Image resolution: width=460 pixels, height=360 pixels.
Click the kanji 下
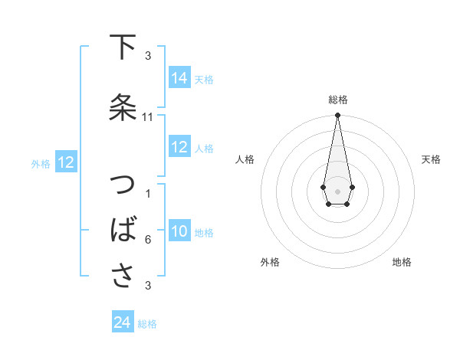[x=123, y=47]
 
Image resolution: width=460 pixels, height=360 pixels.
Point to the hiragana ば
[x=123, y=231]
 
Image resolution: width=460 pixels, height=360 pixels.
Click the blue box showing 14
[x=179, y=78]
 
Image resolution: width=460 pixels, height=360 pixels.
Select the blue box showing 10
[x=179, y=231]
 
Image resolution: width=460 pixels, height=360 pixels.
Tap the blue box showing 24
[x=123, y=322]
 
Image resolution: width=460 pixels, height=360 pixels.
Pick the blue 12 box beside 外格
[x=65, y=162]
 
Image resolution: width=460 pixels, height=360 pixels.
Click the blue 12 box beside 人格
[x=179, y=147]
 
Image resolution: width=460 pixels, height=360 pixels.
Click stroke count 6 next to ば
[x=147, y=240]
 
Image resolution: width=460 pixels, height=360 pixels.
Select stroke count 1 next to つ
[x=147, y=194]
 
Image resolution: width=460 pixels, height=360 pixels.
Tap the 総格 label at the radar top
[x=337, y=100]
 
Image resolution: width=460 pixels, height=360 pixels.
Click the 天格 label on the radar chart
[x=431, y=159]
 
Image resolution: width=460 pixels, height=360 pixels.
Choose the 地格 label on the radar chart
[x=402, y=262]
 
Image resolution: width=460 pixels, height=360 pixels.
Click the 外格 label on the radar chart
[x=270, y=262]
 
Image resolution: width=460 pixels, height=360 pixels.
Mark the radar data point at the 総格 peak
[x=337, y=116]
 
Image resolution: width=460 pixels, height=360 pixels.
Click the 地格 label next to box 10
[x=204, y=232]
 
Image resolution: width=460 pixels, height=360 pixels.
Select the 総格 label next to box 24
[x=147, y=324]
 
